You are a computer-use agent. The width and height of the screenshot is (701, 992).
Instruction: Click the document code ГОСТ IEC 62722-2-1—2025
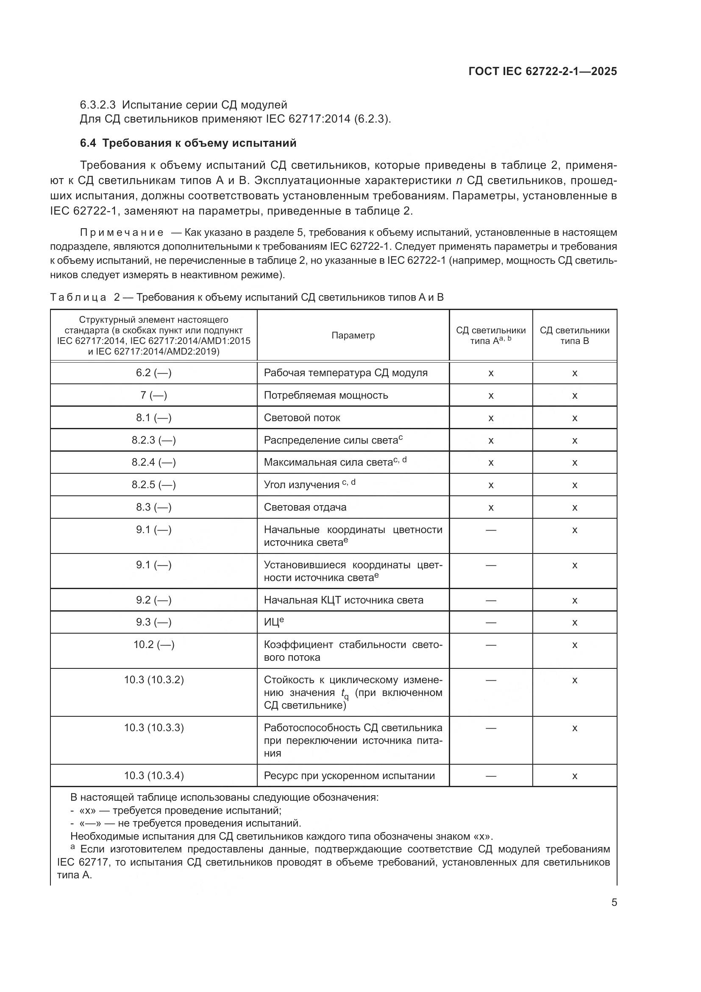(542, 71)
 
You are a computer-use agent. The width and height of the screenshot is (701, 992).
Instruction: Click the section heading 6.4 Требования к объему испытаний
(188, 143)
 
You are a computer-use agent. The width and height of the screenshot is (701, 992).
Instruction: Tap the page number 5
(614, 903)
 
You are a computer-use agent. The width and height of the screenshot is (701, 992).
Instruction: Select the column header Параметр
(353, 335)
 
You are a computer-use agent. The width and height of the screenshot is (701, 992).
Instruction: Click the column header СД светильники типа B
(574, 335)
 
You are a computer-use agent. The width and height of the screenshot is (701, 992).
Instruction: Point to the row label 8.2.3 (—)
(154, 440)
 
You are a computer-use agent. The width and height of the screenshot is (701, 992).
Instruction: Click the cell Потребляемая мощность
(326, 395)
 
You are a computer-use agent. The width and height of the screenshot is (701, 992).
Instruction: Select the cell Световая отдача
(305, 507)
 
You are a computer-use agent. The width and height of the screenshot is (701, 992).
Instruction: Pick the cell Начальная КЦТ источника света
(343, 600)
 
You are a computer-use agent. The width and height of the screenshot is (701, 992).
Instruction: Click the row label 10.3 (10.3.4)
(154, 775)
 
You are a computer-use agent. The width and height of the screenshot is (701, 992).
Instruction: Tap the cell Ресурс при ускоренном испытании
(349, 775)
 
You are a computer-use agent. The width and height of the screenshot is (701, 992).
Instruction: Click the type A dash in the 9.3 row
(491, 622)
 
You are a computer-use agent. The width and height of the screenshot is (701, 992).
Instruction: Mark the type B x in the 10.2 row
(574, 645)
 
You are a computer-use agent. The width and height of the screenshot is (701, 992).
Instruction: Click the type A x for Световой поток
(491, 418)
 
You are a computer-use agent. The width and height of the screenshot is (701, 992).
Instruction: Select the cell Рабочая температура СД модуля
(345, 372)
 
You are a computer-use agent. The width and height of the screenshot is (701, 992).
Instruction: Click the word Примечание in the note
(121, 232)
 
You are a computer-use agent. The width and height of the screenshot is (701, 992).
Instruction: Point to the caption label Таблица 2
(85, 297)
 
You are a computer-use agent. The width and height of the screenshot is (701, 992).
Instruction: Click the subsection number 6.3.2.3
(97, 105)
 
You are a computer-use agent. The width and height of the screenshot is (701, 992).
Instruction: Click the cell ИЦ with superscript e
(273, 622)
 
